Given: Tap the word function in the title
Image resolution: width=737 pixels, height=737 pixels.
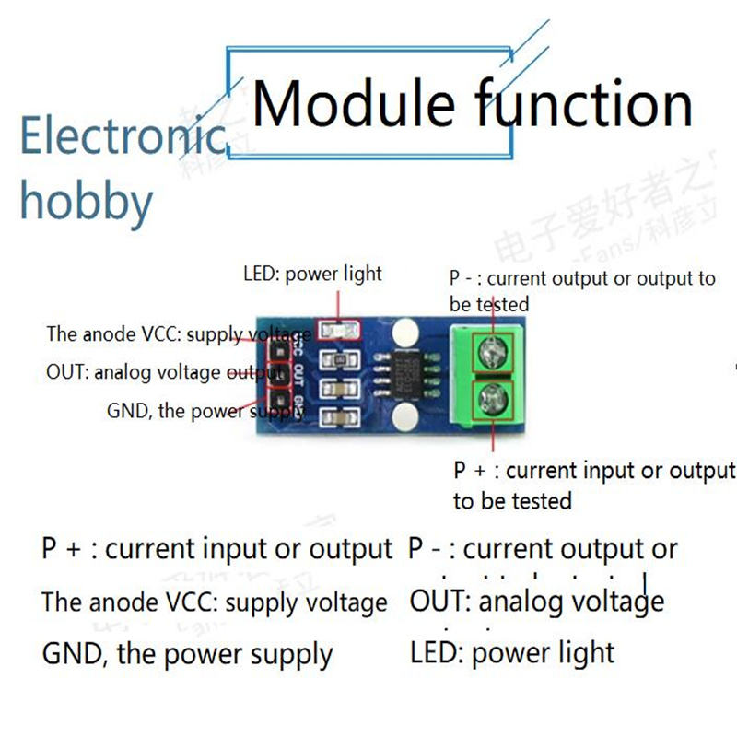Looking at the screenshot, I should (x=584, y=103).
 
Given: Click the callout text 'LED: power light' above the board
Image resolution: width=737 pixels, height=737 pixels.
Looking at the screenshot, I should (x=312, y=274).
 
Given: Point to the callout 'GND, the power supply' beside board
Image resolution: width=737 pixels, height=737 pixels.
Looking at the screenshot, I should (x=205, y=411).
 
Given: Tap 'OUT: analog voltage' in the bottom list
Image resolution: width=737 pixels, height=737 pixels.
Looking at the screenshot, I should (x=537, y=602).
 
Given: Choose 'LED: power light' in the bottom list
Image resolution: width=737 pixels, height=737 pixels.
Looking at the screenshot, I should (x=511, y=653).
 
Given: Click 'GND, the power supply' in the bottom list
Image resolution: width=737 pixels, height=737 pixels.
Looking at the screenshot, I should (x=187, y=655).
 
